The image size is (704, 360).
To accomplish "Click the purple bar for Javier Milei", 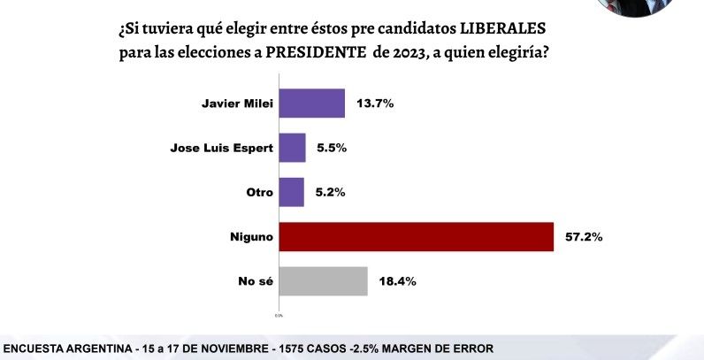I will click(x=311, y=103).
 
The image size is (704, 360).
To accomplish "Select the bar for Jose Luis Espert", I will click(x=293, y=148).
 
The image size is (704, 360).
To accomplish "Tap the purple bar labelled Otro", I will click(x=292, y=192).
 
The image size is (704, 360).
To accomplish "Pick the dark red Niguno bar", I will click(x=416, y=237).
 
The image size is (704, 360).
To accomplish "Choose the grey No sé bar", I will click(x=323, y=281).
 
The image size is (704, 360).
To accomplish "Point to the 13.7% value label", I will click(x=375, y=103).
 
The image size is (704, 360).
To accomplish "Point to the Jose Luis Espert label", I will click(x=219, y=148).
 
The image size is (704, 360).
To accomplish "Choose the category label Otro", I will click(x=256, y=192).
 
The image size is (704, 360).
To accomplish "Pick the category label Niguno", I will click(x=249, y=237).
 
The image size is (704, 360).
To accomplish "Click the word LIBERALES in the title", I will click(x=495, y=28).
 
